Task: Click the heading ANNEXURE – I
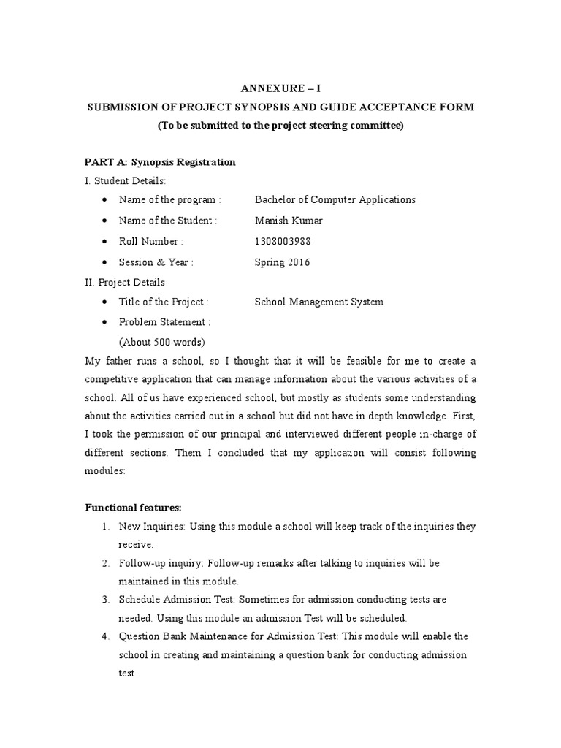[280, 88]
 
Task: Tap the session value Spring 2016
[282, 262]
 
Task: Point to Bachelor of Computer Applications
[335, 199]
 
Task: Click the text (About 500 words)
[161, 342]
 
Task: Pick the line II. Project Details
[126, 282]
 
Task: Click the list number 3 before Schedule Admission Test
[106, 599]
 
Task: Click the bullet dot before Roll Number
[107, 242]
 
